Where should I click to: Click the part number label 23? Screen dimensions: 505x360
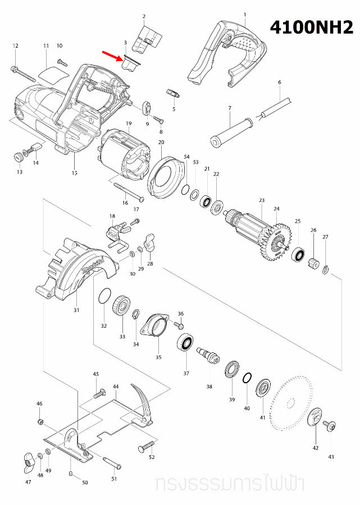click(x=261, y=200)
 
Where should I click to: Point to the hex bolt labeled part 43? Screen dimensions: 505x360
click(x=330, y=428)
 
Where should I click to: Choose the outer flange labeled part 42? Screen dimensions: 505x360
click(x=315, y=417)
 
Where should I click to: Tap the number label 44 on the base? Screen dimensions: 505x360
click(x=115, y=387)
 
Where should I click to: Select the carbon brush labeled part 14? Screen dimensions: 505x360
click(x=35, y=150)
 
